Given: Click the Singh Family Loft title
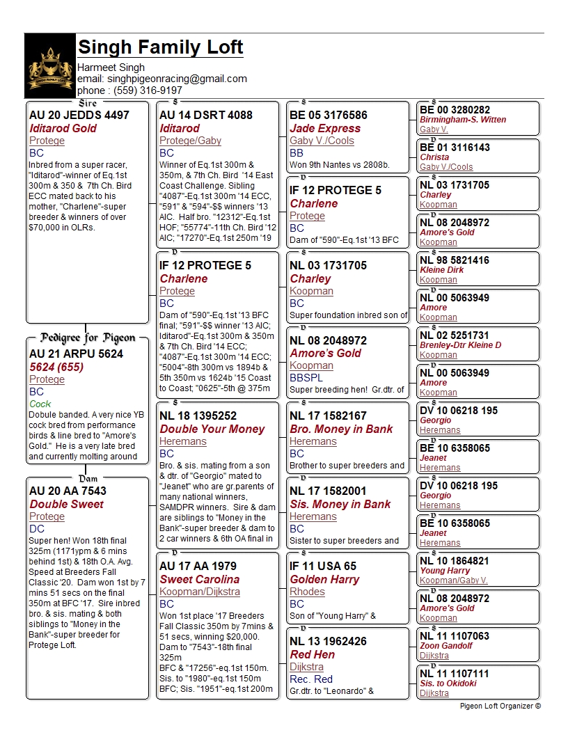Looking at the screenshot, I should click(161, 47).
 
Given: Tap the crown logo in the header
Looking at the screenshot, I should click(50, 67).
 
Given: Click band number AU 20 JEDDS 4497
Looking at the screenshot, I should click(79, 115).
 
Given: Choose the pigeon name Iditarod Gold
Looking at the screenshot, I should click(63, 128).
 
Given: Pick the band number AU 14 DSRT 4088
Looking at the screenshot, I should click(206, 115).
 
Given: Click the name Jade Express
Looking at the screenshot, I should click(325, 128).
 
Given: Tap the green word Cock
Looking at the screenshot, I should click(40, 404).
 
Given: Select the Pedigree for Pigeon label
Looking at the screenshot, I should click(88, 338).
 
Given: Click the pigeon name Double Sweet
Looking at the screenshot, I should click(56, 504).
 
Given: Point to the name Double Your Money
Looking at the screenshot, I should click(212, 429).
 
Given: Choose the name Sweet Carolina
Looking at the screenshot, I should click(199, 579).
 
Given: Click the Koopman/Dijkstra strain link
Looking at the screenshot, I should click(200, 592).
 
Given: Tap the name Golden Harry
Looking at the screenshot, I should click(324, 579).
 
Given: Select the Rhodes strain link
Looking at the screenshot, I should click(307, 592).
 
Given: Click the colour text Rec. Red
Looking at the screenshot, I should click(311, 679).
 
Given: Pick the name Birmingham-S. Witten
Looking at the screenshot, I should click(463, 120).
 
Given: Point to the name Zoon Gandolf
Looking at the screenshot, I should click(446, 646).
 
